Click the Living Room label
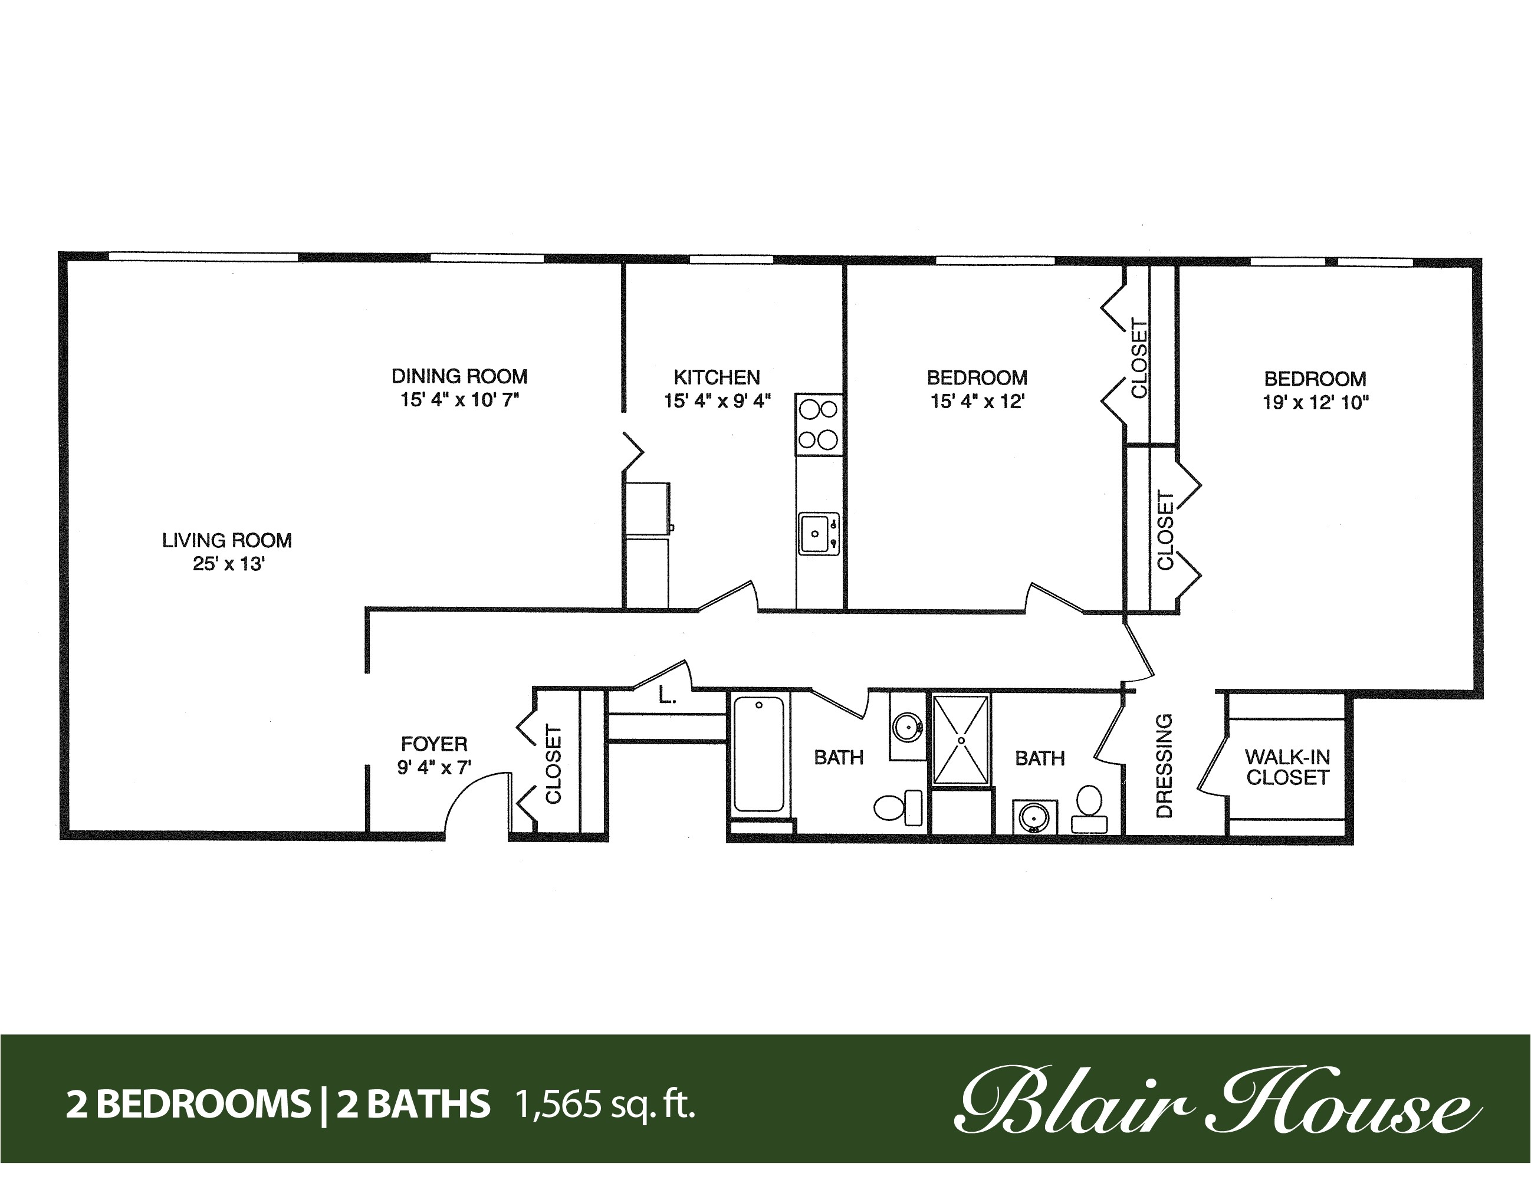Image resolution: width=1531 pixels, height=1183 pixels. pos(226,540)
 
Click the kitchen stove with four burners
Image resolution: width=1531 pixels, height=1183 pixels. pos(818,424)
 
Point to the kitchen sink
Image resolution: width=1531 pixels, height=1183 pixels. pos(817,534)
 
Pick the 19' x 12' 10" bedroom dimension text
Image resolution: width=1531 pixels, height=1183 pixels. pos(1315,403)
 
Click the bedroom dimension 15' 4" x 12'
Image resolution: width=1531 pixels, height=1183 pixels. pos(977,402)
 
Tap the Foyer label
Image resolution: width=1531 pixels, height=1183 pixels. pos(434,744)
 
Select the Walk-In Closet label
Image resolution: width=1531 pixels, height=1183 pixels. pos(1287,767)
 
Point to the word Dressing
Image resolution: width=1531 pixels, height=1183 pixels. pos(1163,765)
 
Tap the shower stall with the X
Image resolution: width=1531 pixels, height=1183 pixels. pos(961,740)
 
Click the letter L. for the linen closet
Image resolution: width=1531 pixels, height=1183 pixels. pos(666,696)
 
